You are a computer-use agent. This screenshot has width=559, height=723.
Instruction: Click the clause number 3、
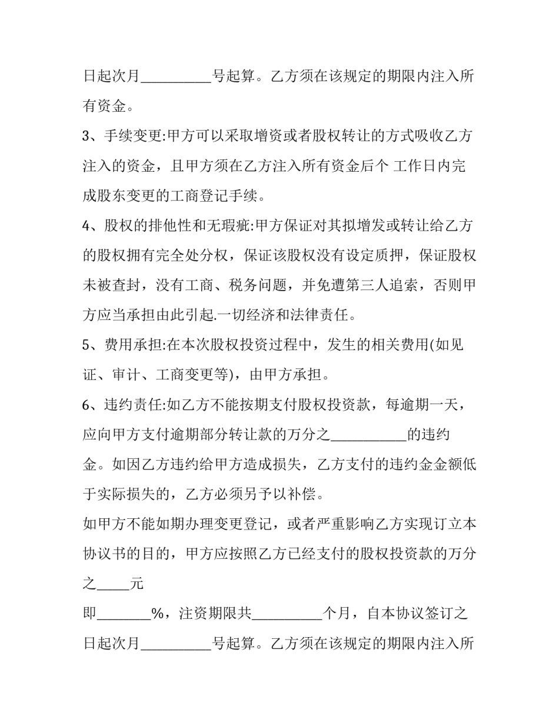pyautogui.click(x=92, y=136)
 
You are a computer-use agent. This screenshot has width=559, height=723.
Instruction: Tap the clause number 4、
pyautogui.click(x=92, y=226)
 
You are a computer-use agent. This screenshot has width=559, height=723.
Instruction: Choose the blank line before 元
pyautogui.click(x=113, y=585)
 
